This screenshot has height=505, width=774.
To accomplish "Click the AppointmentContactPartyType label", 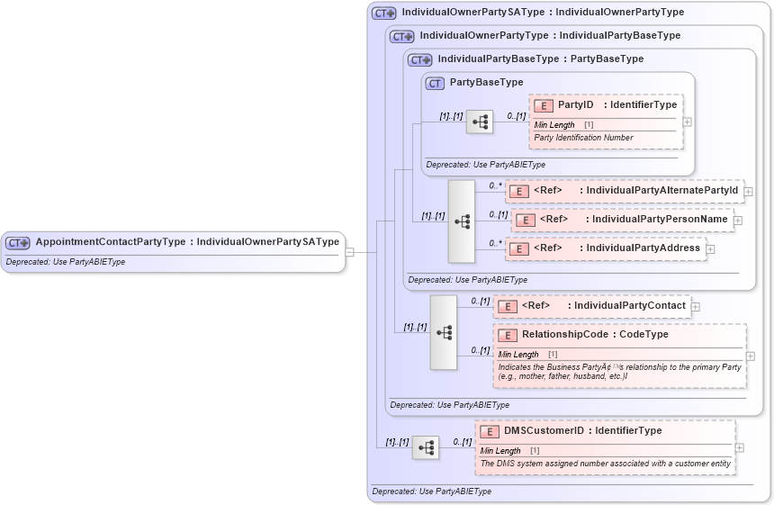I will point(111,242).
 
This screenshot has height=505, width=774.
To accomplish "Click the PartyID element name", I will point(576,105).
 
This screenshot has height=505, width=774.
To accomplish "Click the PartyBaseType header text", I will point(486,83).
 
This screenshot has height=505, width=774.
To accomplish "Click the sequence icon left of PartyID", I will point(479,122).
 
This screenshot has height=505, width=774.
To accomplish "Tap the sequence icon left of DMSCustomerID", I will point(426,446).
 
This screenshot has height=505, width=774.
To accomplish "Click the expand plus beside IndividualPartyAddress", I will point(710,249).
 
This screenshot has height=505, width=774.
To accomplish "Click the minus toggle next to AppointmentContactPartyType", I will point(349,253).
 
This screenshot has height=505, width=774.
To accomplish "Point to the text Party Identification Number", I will point(583,138).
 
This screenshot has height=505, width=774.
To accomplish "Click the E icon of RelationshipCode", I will point(507,335).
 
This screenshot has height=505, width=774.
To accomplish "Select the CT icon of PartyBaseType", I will point(435,83).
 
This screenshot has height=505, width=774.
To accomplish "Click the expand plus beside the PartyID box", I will point(687,122).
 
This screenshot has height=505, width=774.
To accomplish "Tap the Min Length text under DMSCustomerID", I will point(500,450).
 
